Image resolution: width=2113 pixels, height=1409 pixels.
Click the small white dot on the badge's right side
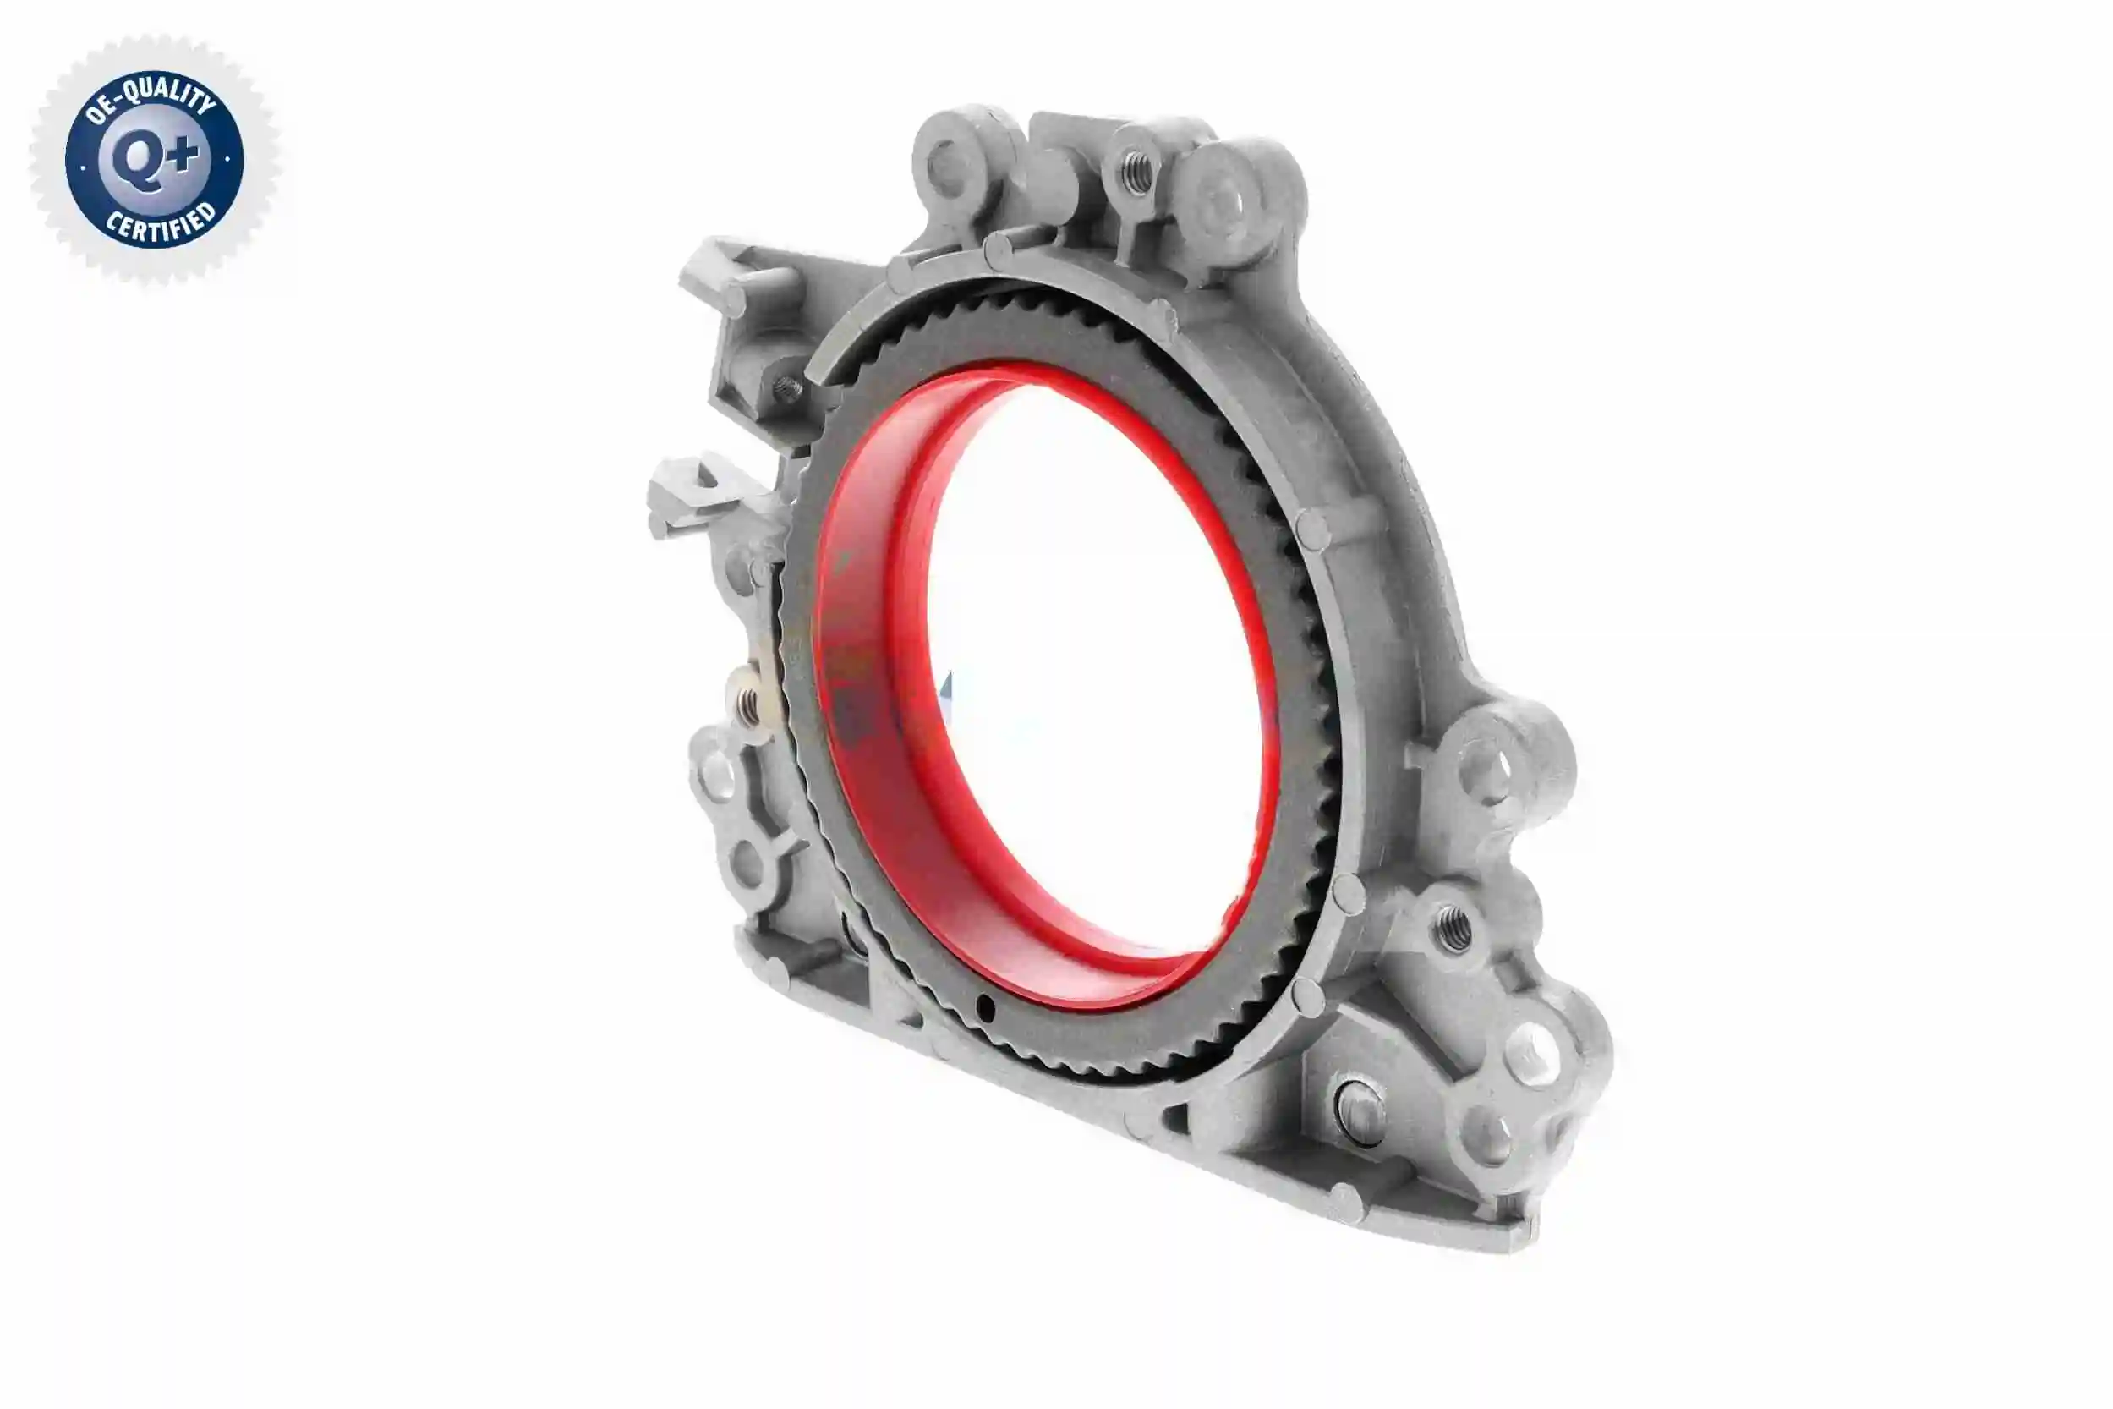pos(227,160)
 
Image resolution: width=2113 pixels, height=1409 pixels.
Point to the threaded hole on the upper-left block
pos(788,389)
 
